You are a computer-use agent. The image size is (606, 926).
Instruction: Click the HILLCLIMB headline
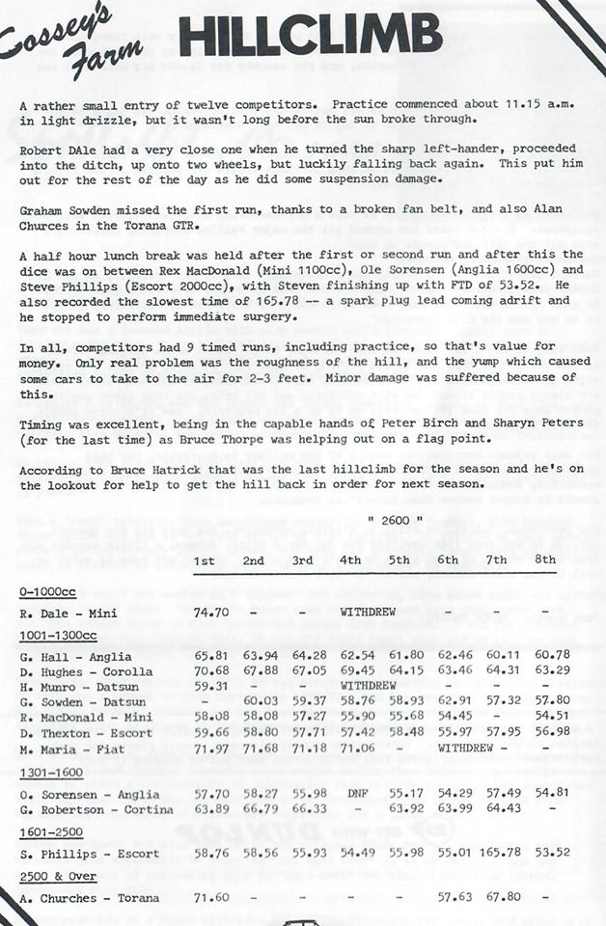pyautogui.click(x=310, y=38)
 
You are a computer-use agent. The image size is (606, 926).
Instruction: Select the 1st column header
pyautogui.click(x=205, y=560)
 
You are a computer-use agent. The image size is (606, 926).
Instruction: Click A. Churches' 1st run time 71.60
pyautogui.click(x=210, y=897)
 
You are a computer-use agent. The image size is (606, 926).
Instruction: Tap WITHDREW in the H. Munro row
pyautogui.click(x=372, y=687)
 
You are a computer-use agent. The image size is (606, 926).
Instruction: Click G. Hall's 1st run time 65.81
pyautogui.click(x=211, y=657)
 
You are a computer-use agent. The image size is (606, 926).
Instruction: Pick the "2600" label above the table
pyautogui.click(x=384, y=521)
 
